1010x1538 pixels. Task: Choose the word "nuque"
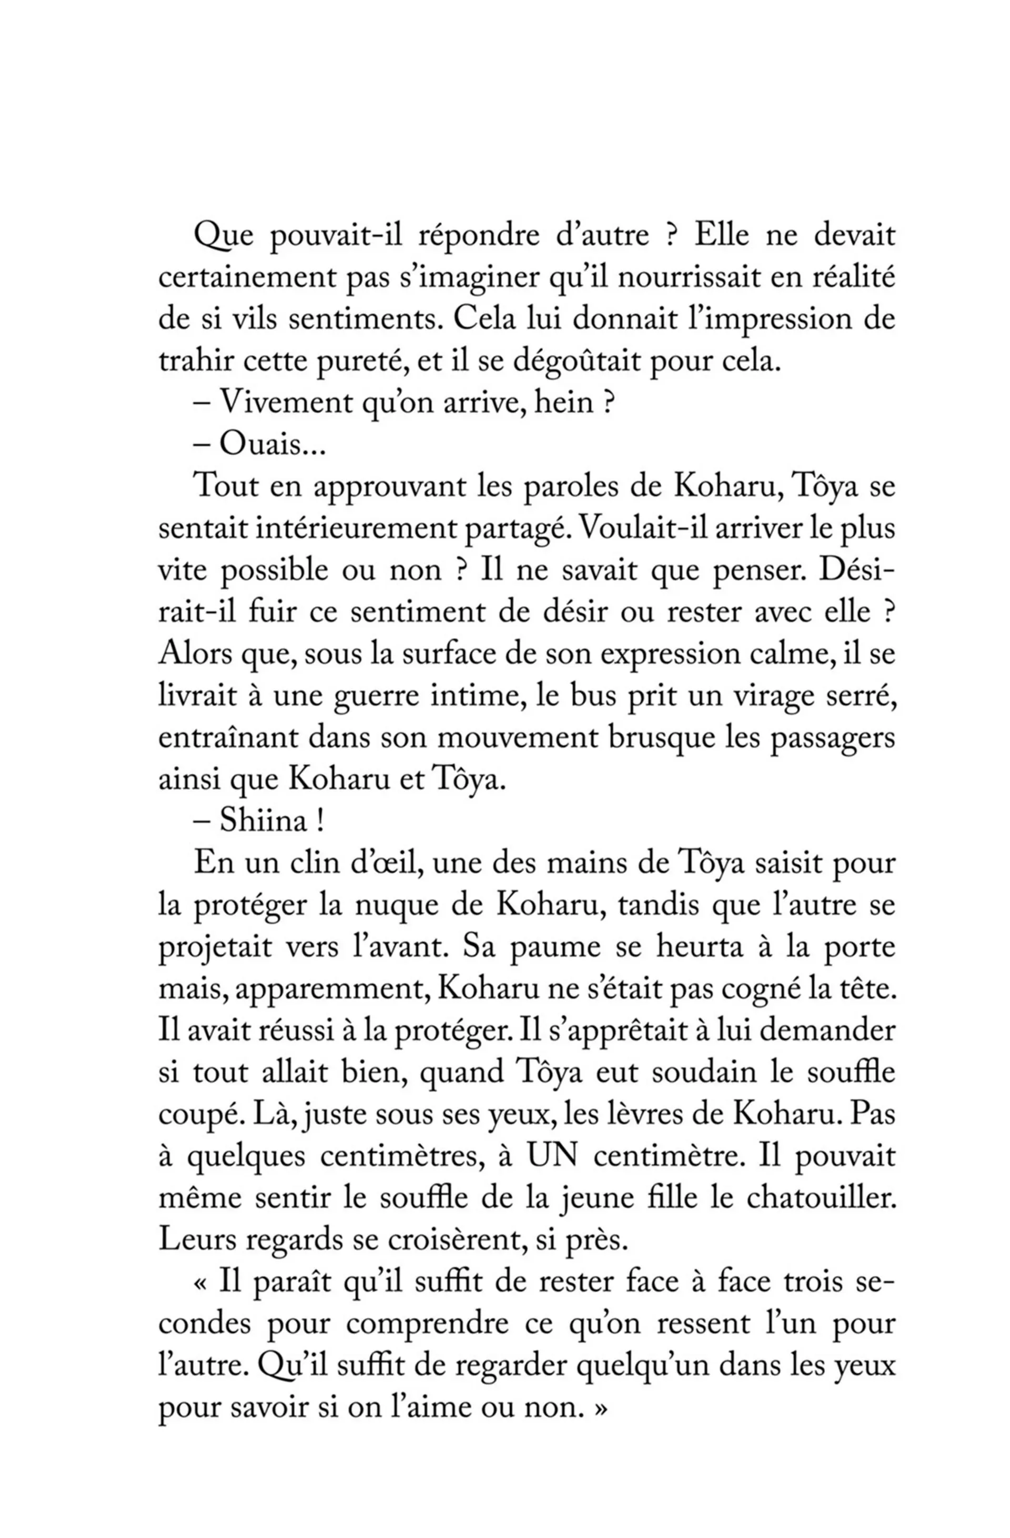[x=395, y=906]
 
